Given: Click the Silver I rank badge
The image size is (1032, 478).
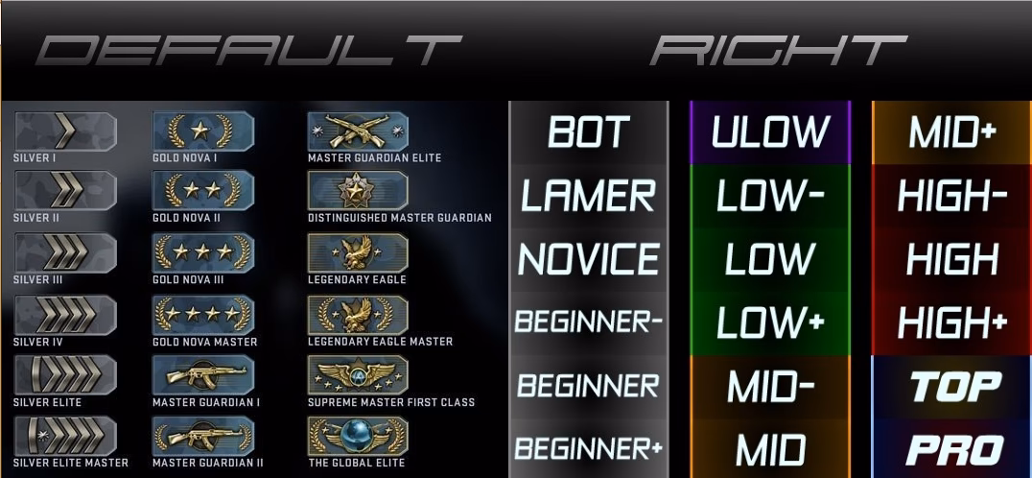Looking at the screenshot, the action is pos(65,131).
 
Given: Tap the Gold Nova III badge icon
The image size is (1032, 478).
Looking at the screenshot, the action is pos(202,251).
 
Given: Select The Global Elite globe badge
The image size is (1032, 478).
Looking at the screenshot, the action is pos(358,436).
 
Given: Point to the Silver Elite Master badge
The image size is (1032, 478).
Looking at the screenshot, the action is pos(65,436).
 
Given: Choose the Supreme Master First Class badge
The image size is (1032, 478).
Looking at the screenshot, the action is pos(358,374).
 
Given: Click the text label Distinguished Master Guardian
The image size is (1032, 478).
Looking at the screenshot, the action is pos(400,218).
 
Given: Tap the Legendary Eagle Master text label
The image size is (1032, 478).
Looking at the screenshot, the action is pos(381,342).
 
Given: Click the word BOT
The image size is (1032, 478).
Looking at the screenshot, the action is pos(588,132).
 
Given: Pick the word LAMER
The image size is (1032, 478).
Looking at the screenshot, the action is pos(588,196).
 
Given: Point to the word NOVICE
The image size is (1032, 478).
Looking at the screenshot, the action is pos(588,258).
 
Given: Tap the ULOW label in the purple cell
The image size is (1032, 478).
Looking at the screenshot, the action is pos(770,132).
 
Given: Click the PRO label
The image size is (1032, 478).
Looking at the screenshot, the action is pos(954,450).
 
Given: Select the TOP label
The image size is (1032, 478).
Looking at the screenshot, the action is pos(955,387).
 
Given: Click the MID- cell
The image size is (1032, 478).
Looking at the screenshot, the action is pos(770,387).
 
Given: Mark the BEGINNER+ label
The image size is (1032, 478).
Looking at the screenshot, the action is pos(588,449).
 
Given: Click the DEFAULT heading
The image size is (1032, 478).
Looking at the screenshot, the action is pos(248,50).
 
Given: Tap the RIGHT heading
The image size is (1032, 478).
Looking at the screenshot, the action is pos(779,50).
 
